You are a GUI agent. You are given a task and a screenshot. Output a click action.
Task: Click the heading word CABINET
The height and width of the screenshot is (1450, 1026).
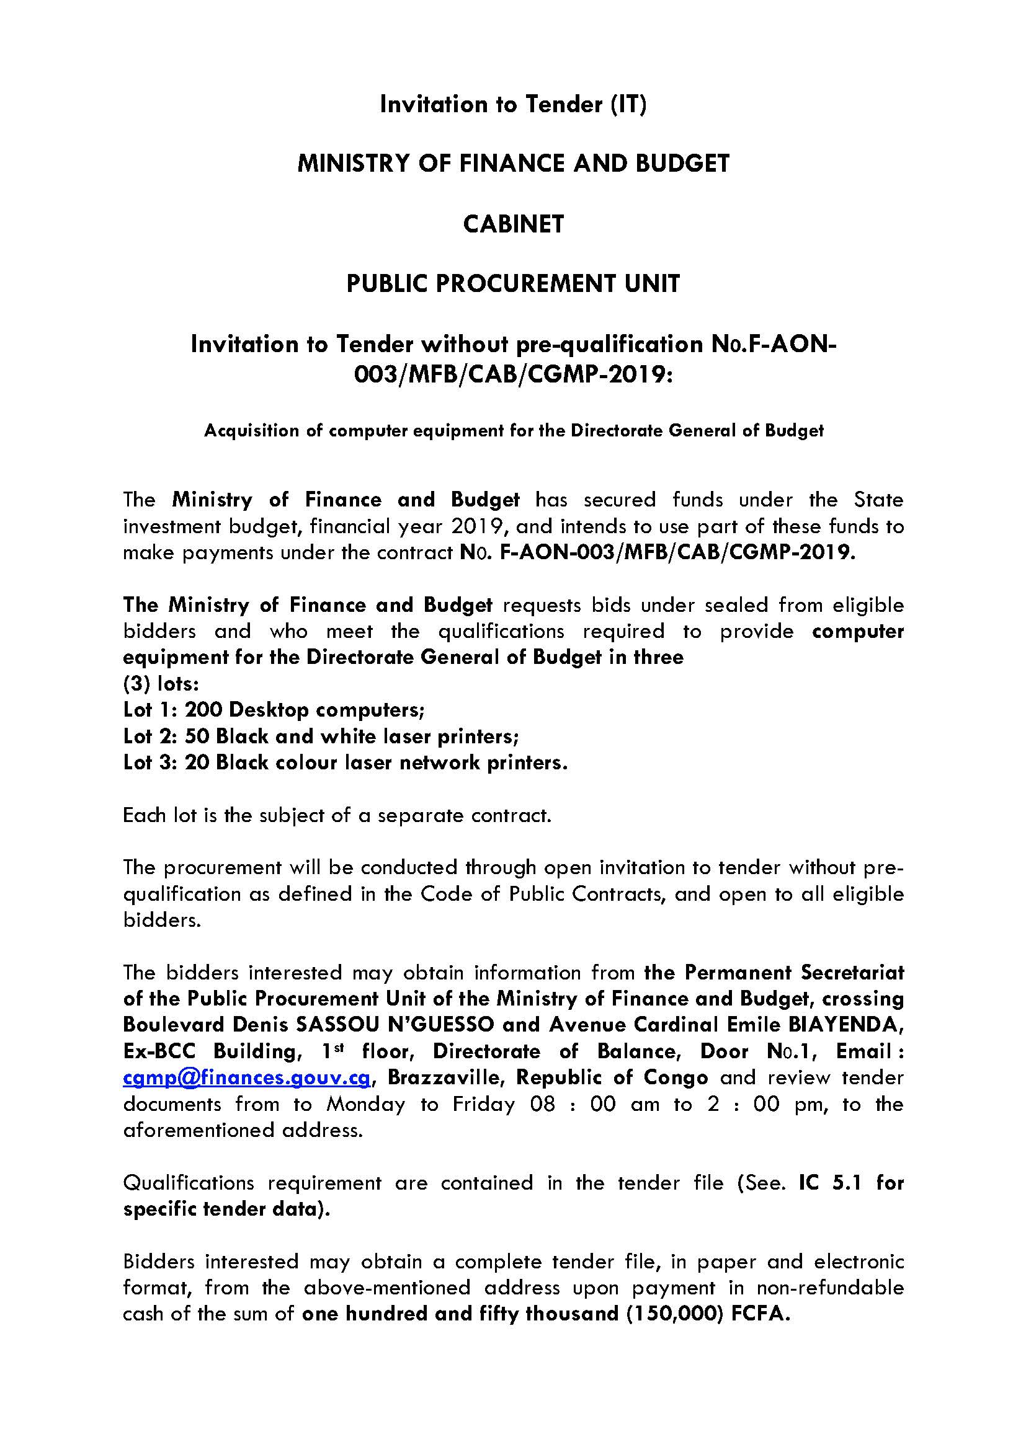click(x=513, y=224)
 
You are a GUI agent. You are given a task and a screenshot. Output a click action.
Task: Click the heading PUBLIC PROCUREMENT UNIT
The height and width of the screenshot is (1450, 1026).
click(x=513, y=283)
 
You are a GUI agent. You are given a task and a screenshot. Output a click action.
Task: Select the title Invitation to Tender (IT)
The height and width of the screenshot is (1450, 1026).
click(x=513, y=104)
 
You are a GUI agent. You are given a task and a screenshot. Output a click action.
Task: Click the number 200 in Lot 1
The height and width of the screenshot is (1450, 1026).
click(x=203, y=710)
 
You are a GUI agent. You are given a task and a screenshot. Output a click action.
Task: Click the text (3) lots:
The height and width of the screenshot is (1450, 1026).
click(x=161, y=684)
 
